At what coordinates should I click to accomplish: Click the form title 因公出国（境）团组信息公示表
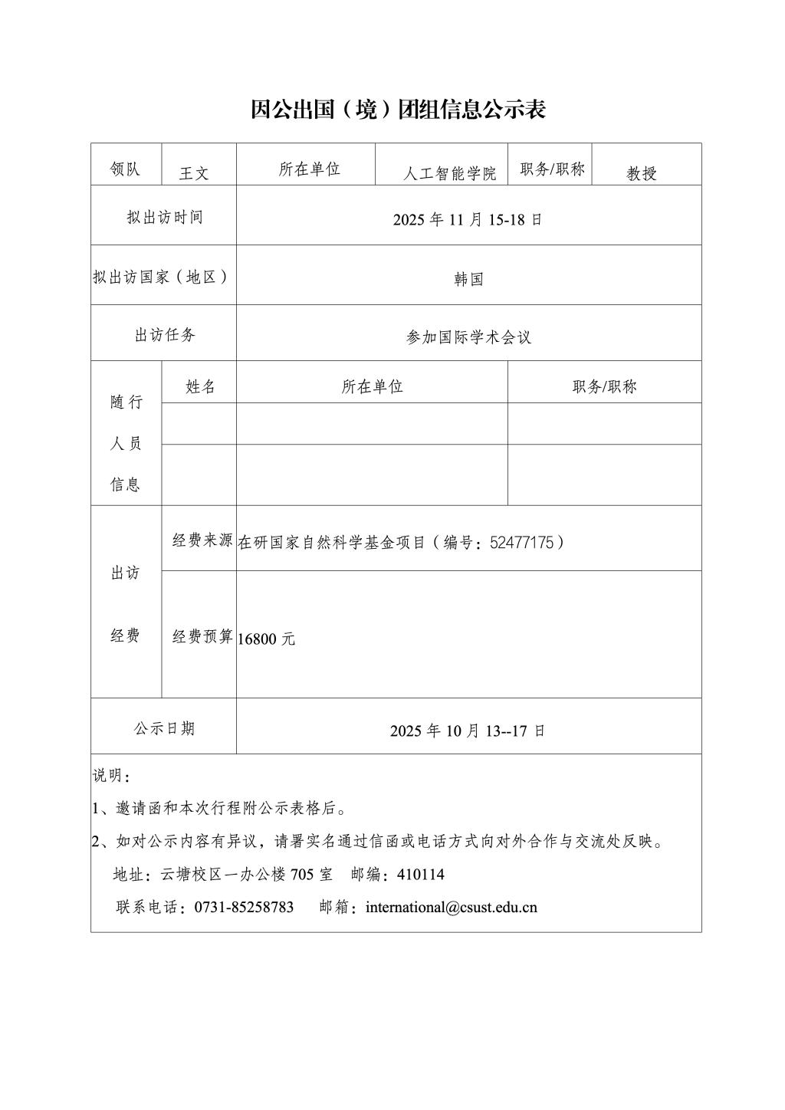click(x=398, y=110)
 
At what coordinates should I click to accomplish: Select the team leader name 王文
click(x=194, y=173)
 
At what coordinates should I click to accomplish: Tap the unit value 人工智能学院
click(x=450, y=174)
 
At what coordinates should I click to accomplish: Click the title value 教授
click(x=642, y=174)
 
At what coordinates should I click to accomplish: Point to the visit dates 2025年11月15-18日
click(x=468, y=219)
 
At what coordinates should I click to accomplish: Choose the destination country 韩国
click(x=468, y=280)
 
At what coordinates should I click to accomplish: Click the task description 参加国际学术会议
click(x=468, y=337)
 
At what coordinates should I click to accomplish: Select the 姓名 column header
click(x=200, y=387)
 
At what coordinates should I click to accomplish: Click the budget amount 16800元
click(x=266, y=639)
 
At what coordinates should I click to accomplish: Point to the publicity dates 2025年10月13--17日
click(x=468, y=731)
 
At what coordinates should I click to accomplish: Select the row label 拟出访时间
click(x=165, y=218)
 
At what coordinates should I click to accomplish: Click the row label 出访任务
click(x=165, y=335)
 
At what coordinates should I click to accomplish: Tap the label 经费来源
click(x=202, y=540)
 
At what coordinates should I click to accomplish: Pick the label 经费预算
click(x=202, y=636)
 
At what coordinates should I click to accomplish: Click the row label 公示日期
click(x=165, y=728)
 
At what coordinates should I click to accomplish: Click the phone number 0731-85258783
click(x=244, y=908)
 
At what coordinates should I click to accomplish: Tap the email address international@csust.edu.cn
click(x=452, y=908)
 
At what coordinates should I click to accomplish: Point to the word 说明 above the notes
click(x=107, y=776)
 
